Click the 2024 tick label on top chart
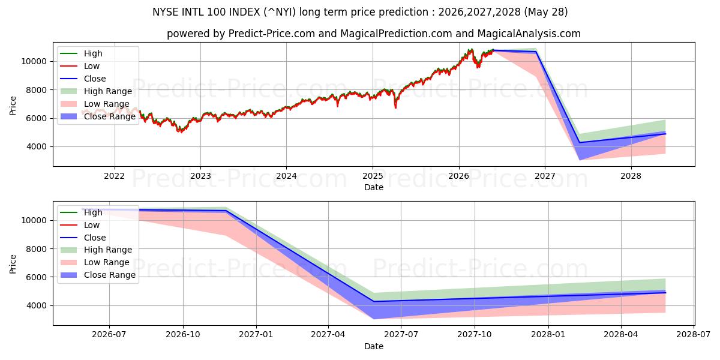click(286, 176)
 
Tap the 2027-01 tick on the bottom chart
click(256, 335)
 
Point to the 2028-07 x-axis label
click(694, 335)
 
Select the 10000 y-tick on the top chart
click(34, 61)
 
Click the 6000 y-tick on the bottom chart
click(37, 277)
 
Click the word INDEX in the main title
click(244, 12)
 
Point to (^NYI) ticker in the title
click(280, 12)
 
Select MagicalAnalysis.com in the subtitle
click(529, 34)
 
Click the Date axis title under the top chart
click(373, 187)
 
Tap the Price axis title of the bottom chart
click(13, 264)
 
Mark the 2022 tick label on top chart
click(114, 176)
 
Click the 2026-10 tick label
click(183, 335)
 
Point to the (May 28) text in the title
click(546, 12)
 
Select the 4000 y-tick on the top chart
click(37, 146)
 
